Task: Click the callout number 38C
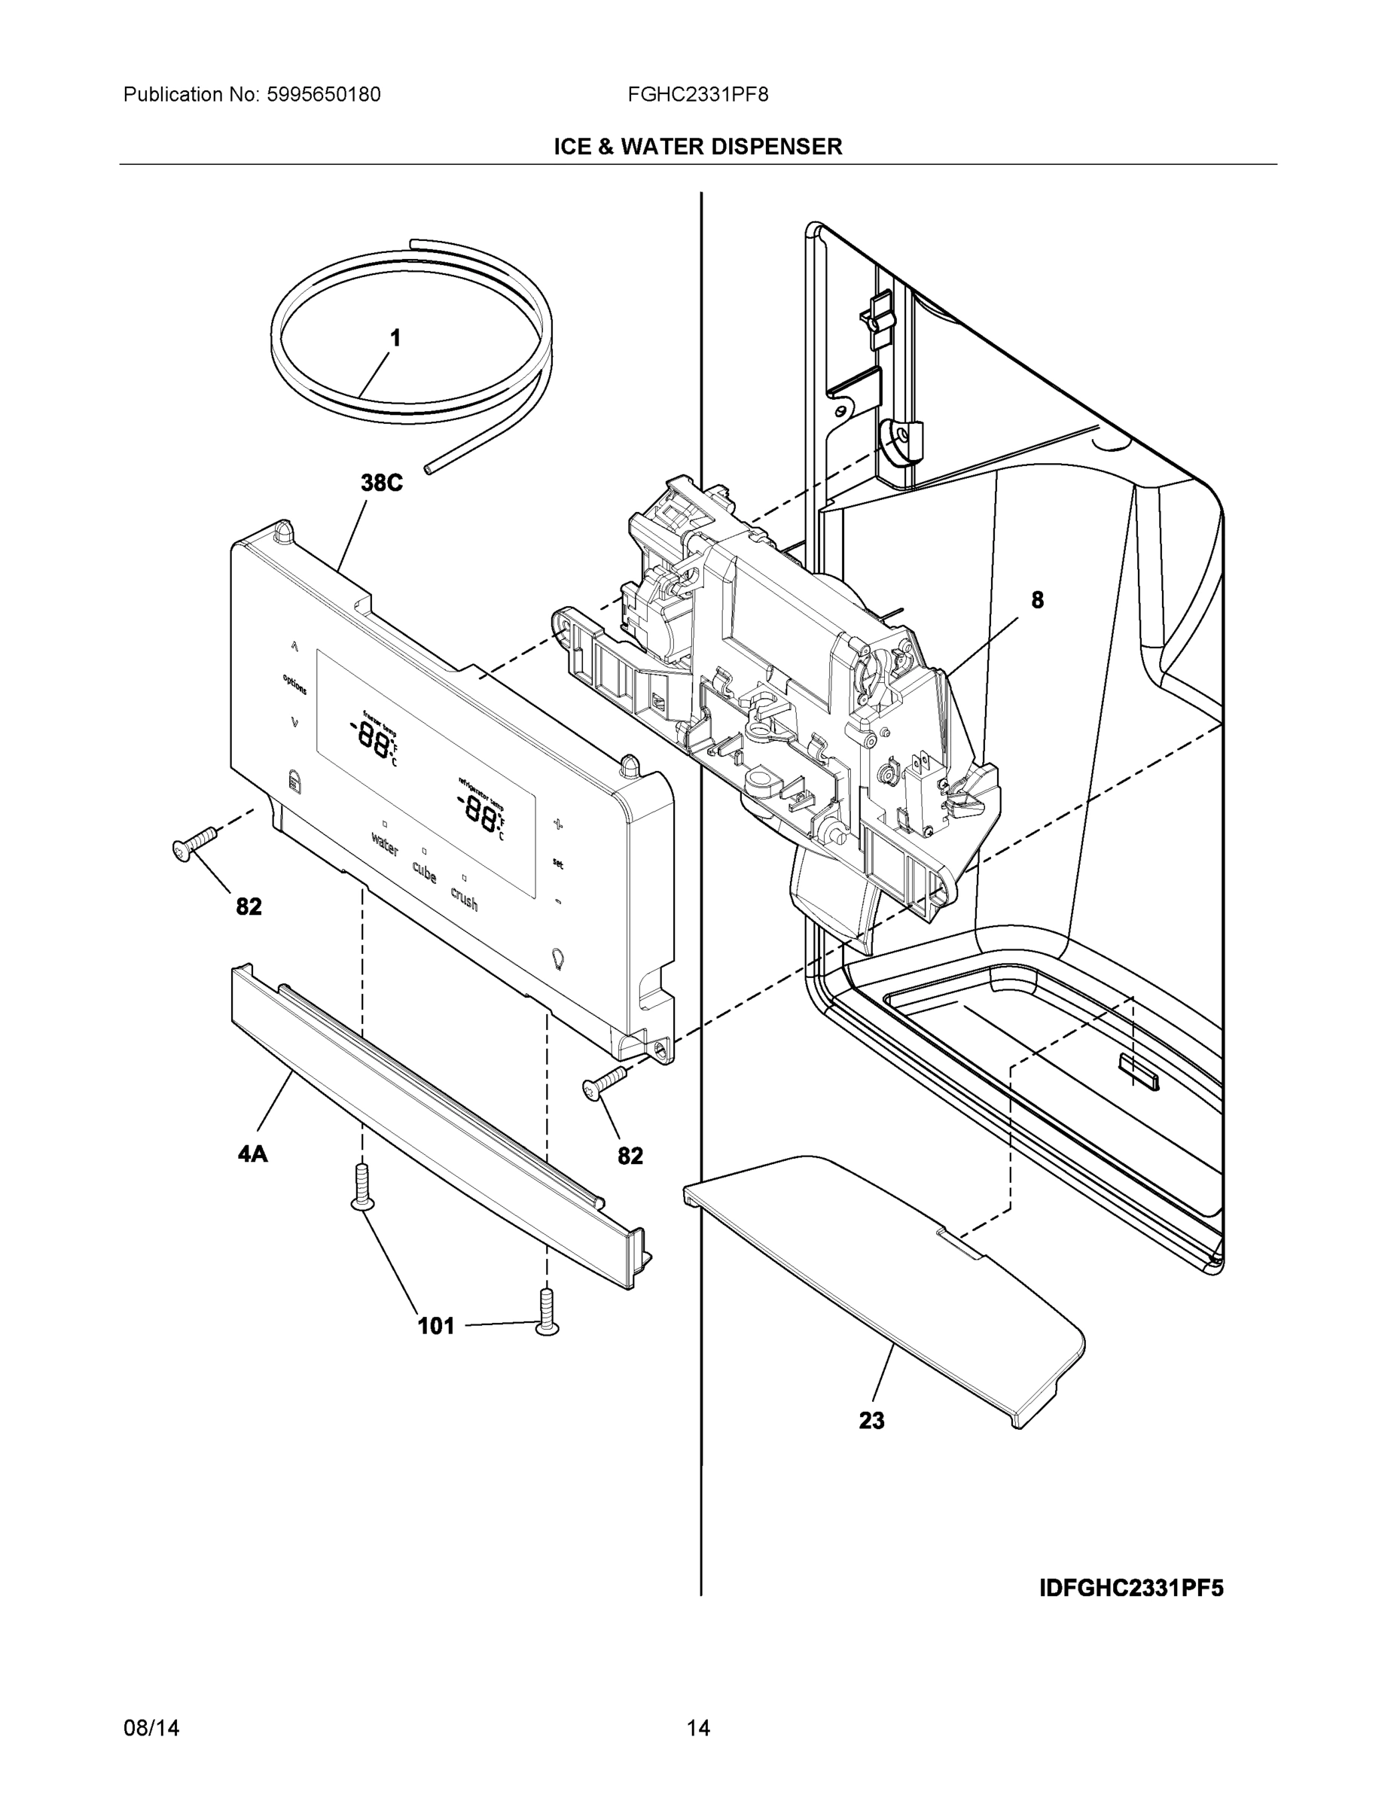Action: click(382, 483)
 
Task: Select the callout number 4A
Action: click(253, 1153)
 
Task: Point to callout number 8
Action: click(1037, 601)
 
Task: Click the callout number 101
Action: click(436, 1327)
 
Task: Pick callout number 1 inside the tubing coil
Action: click(395, 337)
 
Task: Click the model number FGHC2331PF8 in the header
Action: click(697, 95)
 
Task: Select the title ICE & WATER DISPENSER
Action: click(697, 147)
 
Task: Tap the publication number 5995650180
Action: click(324, 95)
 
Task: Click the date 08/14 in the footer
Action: click(151, 1729)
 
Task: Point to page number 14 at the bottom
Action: click(697, 1729)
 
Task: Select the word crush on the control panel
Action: click(465, 898)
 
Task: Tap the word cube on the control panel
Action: click(425, 871)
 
